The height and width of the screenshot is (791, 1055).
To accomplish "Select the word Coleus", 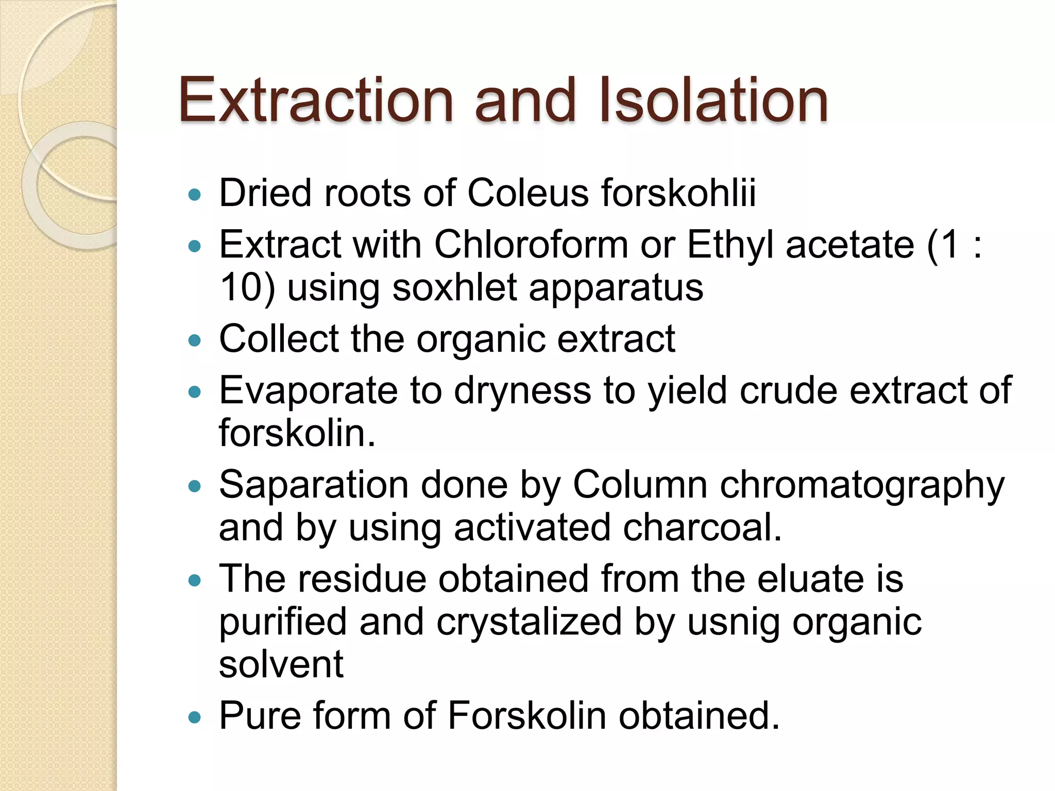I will tap(527, 193).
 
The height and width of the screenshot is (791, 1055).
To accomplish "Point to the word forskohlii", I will tap(678, 193).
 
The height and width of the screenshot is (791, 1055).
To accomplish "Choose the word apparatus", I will tap(616, 288).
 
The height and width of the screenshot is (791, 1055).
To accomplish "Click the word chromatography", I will tap(862, 486).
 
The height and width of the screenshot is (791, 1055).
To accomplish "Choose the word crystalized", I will tap(529, 622).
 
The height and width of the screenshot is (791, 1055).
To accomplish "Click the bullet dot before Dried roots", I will tap(194, 195).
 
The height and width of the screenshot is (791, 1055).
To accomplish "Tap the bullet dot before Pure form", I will tap(194, 717).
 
